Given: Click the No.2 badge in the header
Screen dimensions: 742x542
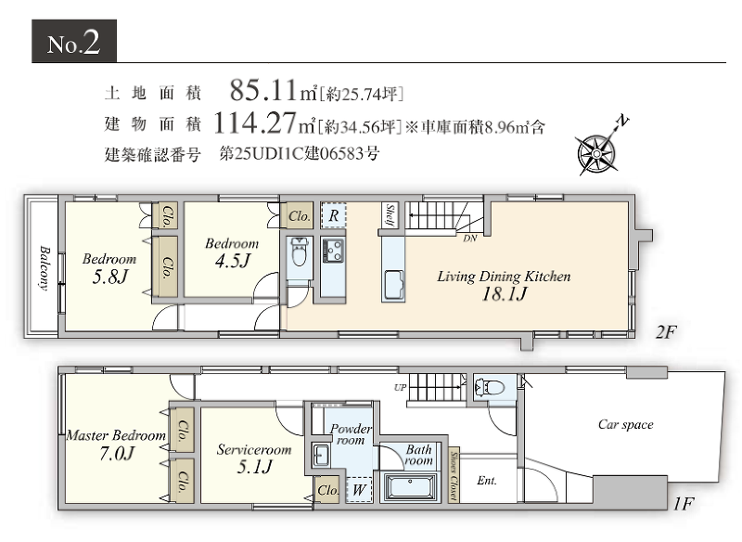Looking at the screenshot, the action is [74, 41].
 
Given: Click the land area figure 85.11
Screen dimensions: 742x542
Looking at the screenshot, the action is [263, 90].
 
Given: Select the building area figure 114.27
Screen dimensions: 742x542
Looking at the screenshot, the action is [256, 123].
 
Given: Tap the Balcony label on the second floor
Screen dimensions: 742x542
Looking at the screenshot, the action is [45, 267].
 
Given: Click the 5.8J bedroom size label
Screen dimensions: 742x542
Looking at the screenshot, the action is [109, 277].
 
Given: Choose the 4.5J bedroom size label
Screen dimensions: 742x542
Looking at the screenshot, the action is [233, 261].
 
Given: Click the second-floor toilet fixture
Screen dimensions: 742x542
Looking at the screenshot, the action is [299, 252].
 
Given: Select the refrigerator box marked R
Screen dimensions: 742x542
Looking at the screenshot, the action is [334, 215].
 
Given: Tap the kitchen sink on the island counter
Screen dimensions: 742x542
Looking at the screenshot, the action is [393, 283].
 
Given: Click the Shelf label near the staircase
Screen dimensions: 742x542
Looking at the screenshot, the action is [390, 215].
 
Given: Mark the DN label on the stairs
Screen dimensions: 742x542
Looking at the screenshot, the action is [470, 239].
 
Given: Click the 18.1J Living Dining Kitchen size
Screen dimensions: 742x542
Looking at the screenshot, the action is [505, 294].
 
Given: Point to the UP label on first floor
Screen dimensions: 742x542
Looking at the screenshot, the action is [401, 388].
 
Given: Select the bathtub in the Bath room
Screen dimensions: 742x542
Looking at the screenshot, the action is [410, 486].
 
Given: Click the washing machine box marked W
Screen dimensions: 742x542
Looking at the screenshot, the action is [359, 489].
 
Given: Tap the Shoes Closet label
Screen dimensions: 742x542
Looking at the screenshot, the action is [454, 475].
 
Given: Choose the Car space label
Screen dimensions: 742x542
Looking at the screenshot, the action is [625, 425].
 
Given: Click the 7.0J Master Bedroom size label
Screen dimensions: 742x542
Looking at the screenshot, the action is [117, 454].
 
